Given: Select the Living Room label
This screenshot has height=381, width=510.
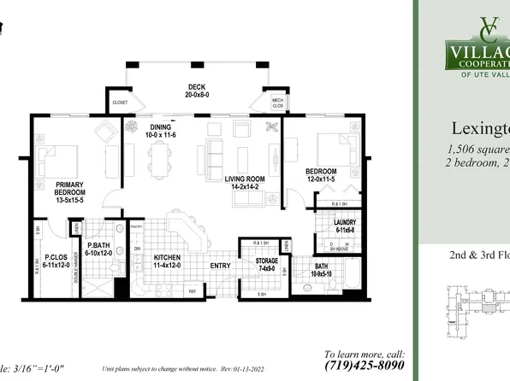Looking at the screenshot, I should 246,179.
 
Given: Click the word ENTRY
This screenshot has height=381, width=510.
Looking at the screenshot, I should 222,265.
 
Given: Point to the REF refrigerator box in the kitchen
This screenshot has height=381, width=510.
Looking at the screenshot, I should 192,290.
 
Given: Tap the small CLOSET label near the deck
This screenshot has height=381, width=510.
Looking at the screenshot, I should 120,103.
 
